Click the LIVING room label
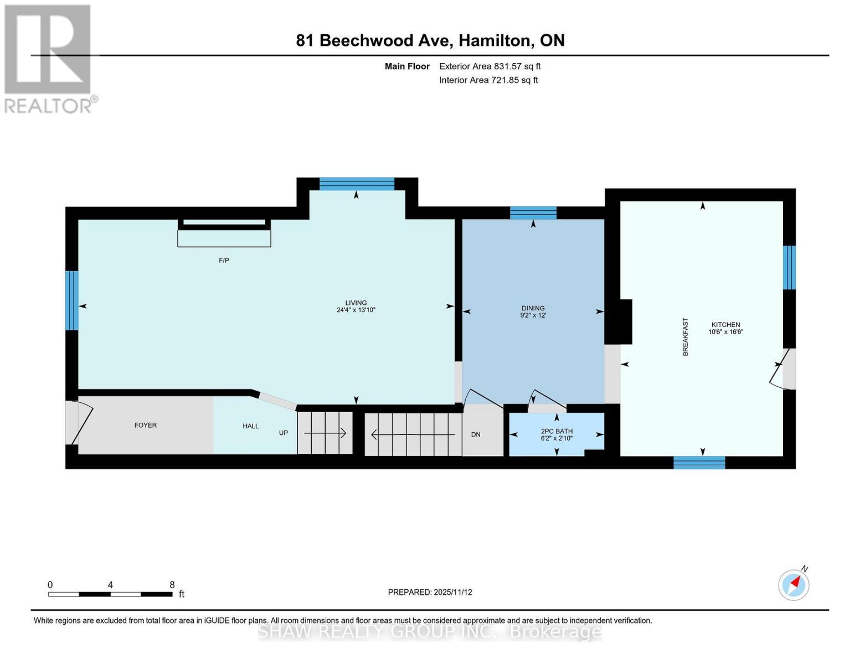pos(356,303)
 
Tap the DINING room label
pos(533,308)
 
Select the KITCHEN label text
pos(725,325)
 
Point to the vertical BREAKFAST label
pos(685,336)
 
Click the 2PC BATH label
pos(557,431)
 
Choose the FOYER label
pos(146,425)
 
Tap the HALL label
pos(251,426)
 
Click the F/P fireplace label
pos(224,260)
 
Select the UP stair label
pos(284,433)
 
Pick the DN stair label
pos(476,434)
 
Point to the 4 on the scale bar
pos(111,585)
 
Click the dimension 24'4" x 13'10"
pos(356,310)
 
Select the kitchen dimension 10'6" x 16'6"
pos(725,332)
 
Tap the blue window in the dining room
pos(533,212)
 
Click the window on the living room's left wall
pos(72,300)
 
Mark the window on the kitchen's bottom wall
pos(699,463)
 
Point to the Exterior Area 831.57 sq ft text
pos(490,66)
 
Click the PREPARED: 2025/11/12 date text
pos(430,592)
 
